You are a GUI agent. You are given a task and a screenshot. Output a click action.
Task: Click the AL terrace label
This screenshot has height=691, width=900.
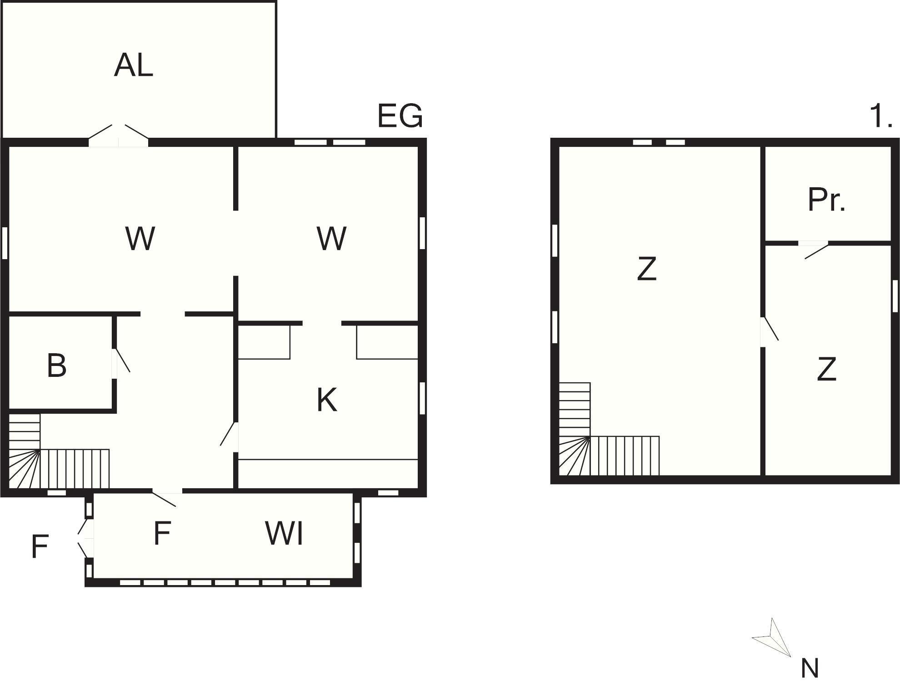[134, 65]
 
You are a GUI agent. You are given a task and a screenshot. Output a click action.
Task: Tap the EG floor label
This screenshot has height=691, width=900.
[400, 115]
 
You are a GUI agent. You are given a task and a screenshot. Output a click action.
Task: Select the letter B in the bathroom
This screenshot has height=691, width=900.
[57, 365]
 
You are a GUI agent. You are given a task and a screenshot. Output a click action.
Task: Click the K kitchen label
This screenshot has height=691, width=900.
[327, 400]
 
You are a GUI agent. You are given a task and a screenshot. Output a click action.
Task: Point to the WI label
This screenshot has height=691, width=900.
[284, 533]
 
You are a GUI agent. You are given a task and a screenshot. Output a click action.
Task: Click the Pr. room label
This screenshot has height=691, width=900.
[827, 200]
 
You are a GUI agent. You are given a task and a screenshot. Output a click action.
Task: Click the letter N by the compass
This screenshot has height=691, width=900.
[810, 668]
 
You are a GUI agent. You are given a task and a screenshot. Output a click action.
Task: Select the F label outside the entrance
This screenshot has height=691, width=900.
[40, 546]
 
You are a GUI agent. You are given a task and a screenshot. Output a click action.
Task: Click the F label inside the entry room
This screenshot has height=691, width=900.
[162, 533]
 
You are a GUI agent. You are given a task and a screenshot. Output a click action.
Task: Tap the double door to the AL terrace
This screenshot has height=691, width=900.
[118, 135]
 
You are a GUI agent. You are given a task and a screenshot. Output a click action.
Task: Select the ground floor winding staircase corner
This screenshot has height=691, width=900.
[25, 469]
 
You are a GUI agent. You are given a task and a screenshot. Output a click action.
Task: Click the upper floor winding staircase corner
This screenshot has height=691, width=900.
[575, 456]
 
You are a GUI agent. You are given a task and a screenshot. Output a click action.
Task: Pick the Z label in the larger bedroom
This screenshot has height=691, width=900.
[647, 269]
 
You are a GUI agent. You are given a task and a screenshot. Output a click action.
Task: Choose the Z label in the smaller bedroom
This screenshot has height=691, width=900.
[826, 369]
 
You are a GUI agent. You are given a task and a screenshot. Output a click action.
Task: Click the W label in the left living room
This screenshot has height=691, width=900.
[140, 238]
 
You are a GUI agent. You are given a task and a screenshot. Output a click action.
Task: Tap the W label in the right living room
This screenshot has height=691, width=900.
[332, 238]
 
